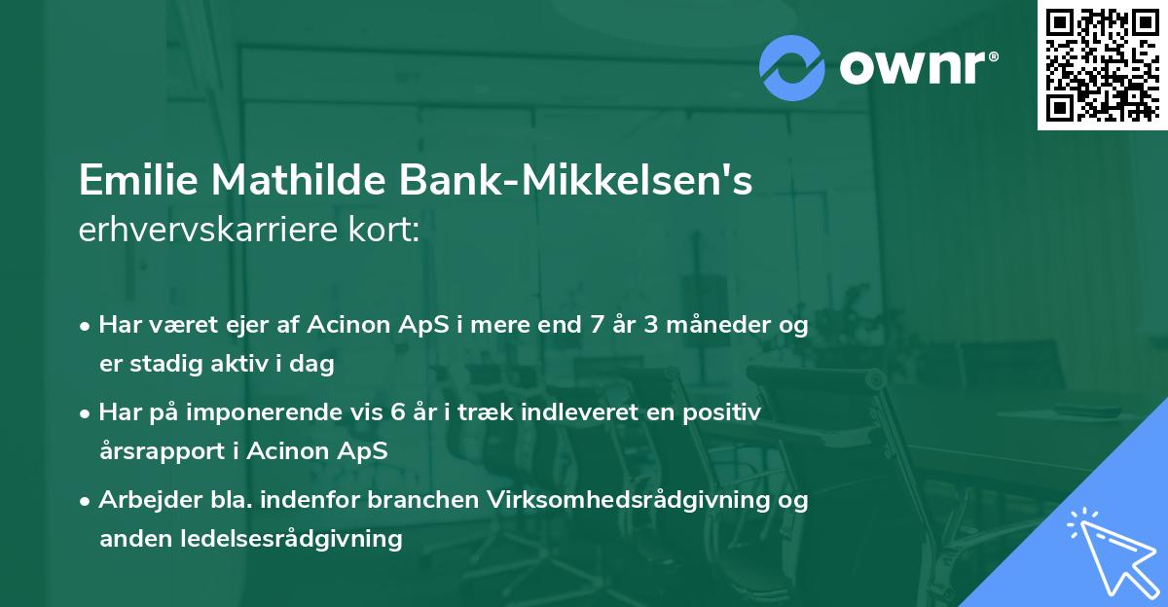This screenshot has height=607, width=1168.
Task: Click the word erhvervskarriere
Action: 210,232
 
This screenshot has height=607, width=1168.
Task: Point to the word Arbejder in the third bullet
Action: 139,501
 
